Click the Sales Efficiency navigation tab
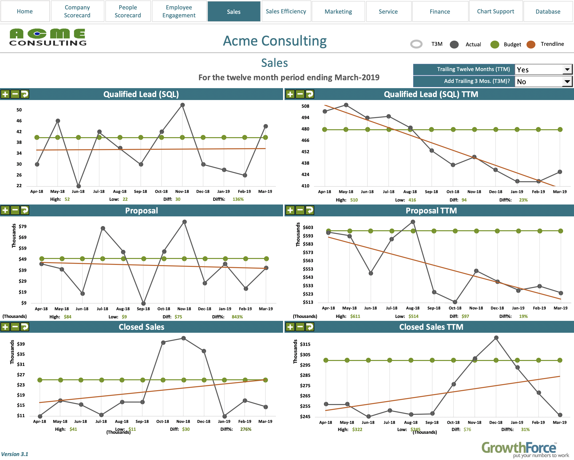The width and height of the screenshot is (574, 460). (x=286, y=11)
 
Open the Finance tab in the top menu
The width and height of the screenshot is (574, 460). (x=440, y=11)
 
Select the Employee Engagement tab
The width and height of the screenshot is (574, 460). (x=179, y=11)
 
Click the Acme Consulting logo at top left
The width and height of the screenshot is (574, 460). (x=48, y=37)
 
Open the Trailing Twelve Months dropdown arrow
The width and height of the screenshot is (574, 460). (x=567, y=70)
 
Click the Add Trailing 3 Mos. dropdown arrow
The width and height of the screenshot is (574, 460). (x=567, y=81)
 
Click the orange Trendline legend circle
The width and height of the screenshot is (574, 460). (x=531, y=44)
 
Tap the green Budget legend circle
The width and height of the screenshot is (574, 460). (x=495, y=44)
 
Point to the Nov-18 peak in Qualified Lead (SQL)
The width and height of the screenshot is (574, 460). (x=182, y=105)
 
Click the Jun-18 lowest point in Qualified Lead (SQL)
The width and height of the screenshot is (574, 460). (x=78, y=186)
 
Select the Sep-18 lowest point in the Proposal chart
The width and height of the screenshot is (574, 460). (x=143, y=303)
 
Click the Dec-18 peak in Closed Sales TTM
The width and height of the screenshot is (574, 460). (x=496, y=338)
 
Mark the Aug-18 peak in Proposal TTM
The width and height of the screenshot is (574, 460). (x=413, y=222)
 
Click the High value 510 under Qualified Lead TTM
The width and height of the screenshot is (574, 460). (x=354, y=200)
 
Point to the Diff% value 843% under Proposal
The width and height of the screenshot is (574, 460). (x=237, y=317)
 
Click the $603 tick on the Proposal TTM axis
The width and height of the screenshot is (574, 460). (x=308, y=227)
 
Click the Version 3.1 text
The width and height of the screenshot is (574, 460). (x=15, y=454)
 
